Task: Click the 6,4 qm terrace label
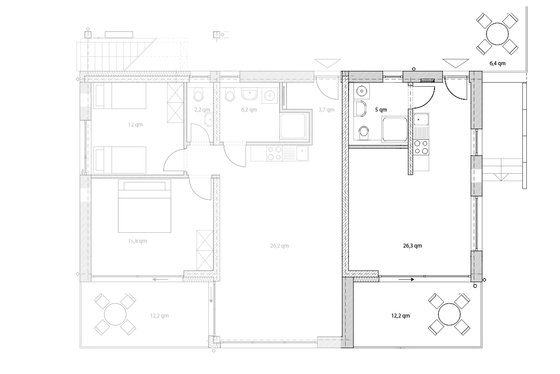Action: pos(497,63)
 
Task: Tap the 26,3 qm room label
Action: pos(413,246)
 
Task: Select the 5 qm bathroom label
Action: pos(381,110)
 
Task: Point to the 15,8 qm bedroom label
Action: pos(137,241)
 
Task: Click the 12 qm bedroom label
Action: pos(136,125)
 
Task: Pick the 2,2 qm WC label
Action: pos(202,110)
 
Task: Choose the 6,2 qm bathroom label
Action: pos(249,110)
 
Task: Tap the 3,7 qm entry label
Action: pos(326,110)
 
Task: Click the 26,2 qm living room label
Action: pos(280,246)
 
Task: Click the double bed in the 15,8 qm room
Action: pos(144,206)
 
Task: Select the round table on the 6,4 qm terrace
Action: pos(497,34)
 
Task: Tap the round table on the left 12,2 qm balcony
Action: pos(115,314)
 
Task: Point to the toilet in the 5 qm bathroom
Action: pos(364,133)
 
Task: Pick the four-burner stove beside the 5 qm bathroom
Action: pos(421,147)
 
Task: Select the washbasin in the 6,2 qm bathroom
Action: pos(249,94)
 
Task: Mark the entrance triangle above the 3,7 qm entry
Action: pos(328,63)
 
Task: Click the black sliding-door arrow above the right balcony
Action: pos(406,280)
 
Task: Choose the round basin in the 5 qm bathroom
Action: pos(361,91)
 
